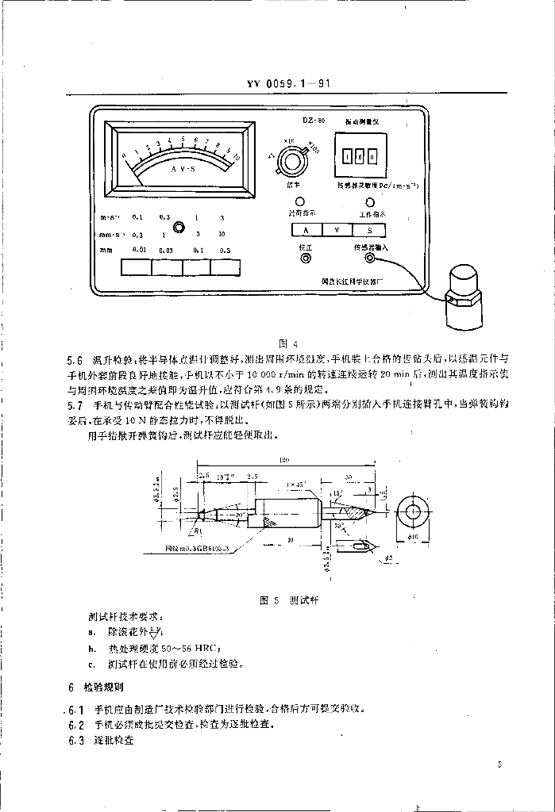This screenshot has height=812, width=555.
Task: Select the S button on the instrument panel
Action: point(369,230)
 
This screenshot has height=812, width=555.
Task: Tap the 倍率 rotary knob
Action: point(299,161)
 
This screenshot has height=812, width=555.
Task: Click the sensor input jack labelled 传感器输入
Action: point(369,257)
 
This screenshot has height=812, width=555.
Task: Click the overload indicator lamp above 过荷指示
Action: point(301,201)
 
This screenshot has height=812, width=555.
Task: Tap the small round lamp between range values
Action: point(179,227)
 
